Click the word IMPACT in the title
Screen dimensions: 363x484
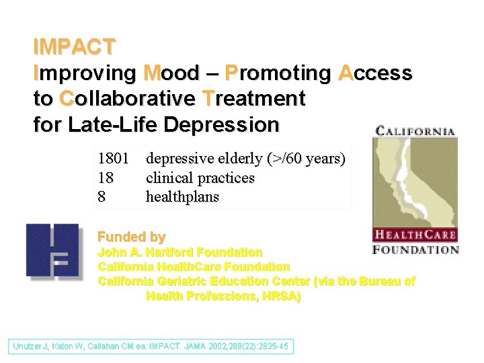point(74,47)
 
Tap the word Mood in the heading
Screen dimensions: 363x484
point(171,73)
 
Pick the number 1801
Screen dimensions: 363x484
point(114,159)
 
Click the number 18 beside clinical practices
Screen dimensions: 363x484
point(106,178)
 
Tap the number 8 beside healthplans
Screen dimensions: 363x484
point(102,197)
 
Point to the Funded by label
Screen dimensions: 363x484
point(132,237)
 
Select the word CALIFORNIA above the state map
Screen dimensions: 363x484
point(415,132)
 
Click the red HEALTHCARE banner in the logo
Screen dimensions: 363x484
point(415,235)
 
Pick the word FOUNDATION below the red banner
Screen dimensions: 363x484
point(415,249)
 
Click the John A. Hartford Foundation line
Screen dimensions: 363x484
point(180,253)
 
